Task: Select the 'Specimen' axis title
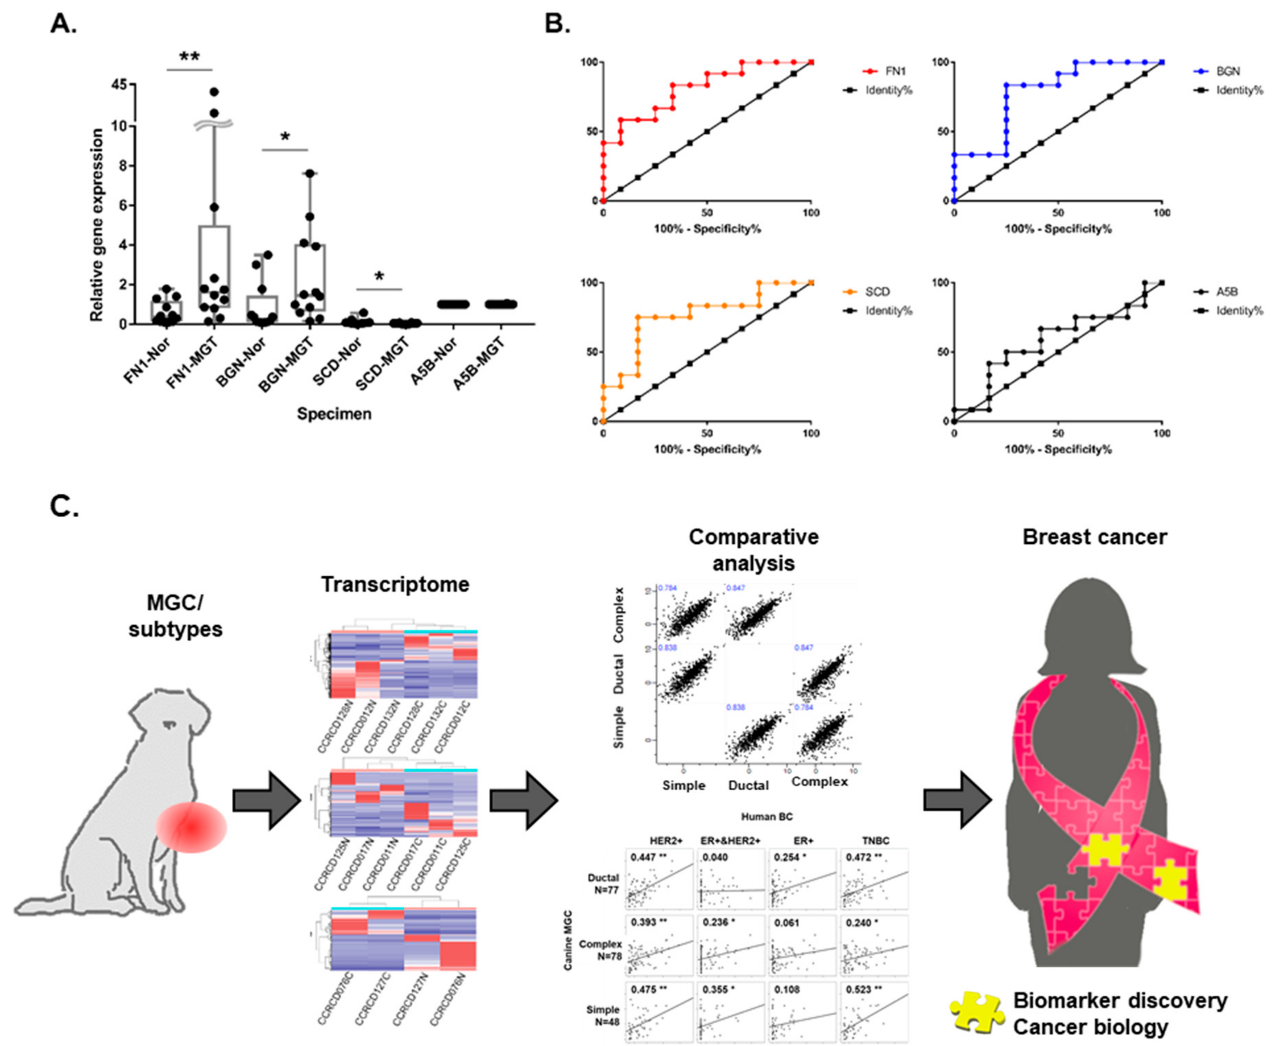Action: (x=334, y=414)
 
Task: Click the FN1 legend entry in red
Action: (x=885, y=71)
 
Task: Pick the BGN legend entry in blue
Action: (x=1228, y=71)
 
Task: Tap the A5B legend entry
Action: (x=1228, y=292)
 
